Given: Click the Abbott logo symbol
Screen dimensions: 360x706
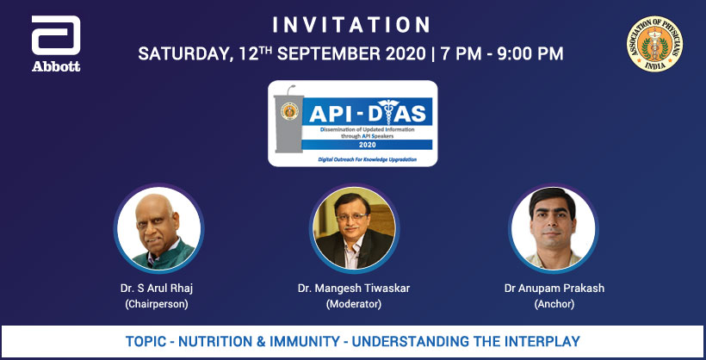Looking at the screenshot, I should (x=56, y=37).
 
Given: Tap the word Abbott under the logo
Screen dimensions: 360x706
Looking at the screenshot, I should (x=56, y=66).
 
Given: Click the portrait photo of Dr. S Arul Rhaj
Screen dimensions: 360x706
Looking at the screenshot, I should (x=158, y=226).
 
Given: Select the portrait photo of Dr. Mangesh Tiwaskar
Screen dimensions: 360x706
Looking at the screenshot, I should (x=353, y=226).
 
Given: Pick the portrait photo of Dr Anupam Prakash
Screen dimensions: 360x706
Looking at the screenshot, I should (x=554, y=226).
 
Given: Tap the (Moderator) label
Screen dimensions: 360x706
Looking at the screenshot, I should (x=353, y=304).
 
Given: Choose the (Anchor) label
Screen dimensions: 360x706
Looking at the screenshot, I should (x=554, y=304).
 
